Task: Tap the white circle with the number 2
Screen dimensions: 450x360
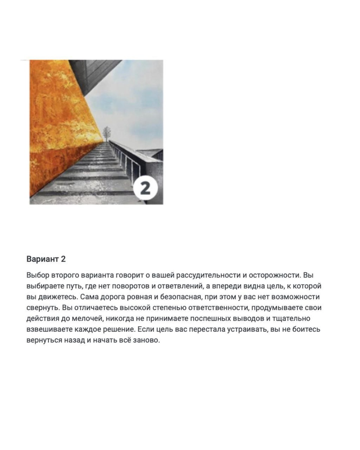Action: pyautogui.click(x=145, y=188)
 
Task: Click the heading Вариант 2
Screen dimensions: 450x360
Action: pyautogui.click(x=46, y=259)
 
